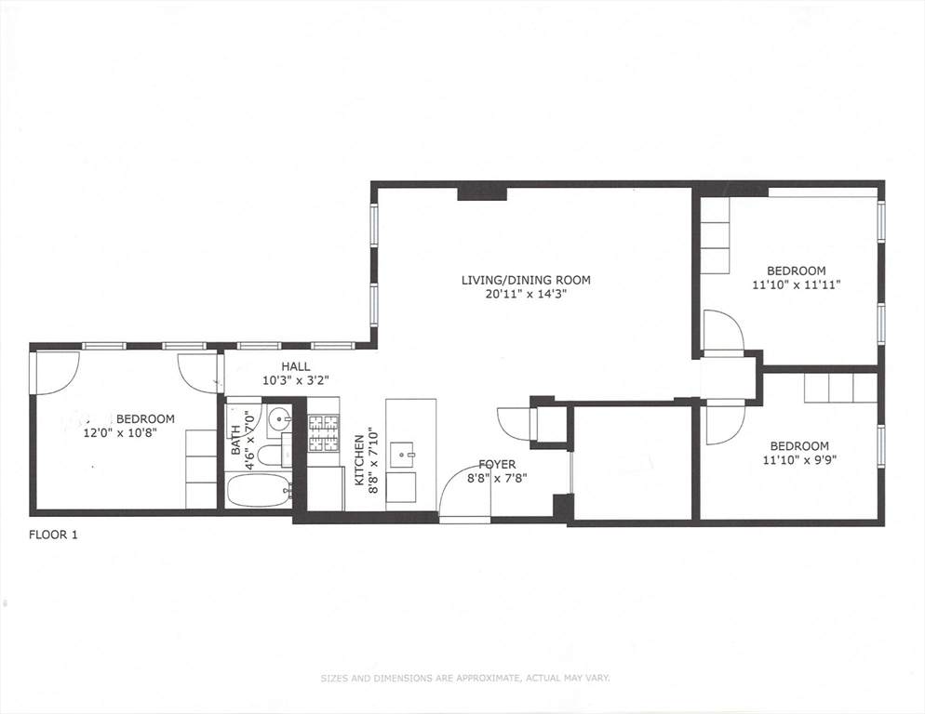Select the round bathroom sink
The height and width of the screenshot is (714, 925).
click(278, 420)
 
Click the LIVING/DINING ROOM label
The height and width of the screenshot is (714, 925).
click(526, 280)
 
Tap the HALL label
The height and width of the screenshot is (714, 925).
click(296, 366)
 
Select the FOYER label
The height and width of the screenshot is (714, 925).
click(497, 465)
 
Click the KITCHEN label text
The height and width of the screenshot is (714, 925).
click(358, 460)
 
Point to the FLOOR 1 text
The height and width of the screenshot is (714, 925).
click(53, 535)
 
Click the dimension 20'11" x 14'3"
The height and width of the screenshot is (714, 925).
click(525, 294)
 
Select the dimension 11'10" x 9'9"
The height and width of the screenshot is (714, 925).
click(799, 460)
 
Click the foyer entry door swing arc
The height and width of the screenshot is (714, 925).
click(457, 478)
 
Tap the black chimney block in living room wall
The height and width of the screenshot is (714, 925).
click(483, 194)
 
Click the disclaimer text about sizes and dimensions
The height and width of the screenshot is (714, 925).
click(465, 679)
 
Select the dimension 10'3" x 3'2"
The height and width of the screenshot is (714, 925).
click(295, 381)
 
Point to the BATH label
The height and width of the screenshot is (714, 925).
click(236, 440)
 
